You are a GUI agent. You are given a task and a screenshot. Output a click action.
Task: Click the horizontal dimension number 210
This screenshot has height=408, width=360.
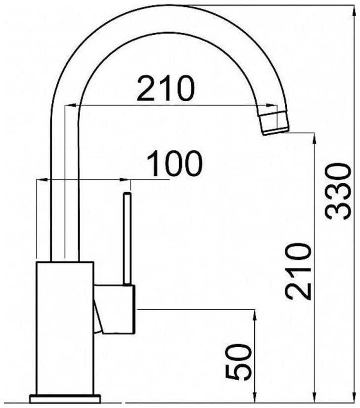coord(166,88)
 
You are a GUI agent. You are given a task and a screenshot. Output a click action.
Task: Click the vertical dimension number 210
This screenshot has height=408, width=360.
coord(298,271)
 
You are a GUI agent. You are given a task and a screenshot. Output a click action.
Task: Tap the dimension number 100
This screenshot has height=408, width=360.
coord(174,163)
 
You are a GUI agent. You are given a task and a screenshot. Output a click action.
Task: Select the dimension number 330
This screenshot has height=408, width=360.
coord(338,191)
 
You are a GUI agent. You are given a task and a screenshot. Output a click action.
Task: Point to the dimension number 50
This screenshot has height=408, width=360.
coord(238,362)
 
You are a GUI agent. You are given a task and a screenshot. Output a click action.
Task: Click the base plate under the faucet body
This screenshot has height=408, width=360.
coord(65,399)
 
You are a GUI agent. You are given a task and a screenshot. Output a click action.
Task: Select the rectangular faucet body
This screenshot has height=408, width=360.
coord(65,328)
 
